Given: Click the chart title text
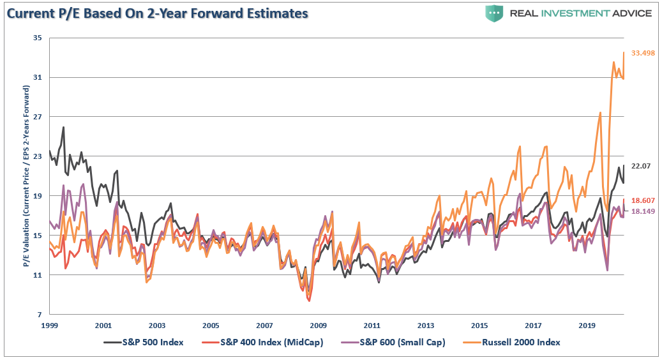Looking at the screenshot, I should pyautogui.click(x=157, y=13).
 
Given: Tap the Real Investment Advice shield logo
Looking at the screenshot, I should pyautogui.click(x=494, y=13).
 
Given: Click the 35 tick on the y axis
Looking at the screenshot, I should pyautogui.click(x=36, y=38).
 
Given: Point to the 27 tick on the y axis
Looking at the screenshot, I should pyautogui.click(x=36, y=117).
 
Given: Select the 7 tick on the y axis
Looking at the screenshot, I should pyautogui.click(x=39, y=315).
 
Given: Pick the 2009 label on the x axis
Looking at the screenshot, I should pyautogui.click(x=319, y=325).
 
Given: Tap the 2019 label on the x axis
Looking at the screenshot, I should pyautogui.click(x=587, y=325).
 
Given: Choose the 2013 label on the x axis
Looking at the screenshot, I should pyautogui.click(x=426, y=325).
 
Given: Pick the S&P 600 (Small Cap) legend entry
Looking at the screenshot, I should pyautogui.click(x=402, y=342).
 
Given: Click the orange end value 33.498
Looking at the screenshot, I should pyautogui.click(x=643, y=53).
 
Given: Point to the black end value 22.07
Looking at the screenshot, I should pyautogui.click(x=640, y=166).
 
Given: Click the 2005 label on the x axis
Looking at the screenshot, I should pyautogui.click(x=211, y=325).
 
